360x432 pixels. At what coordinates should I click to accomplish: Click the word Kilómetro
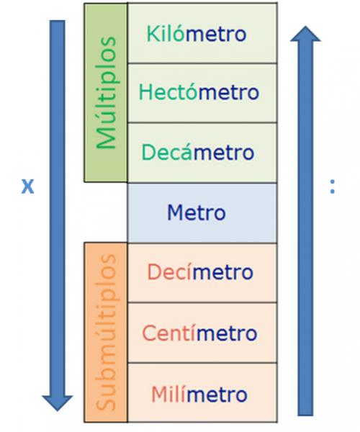[197, 34]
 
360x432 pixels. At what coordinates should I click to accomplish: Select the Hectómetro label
[199, 91]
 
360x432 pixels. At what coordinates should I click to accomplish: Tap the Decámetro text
[197, 152]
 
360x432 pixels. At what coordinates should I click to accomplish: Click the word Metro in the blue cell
[197, 212]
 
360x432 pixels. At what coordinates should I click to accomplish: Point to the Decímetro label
[200, 272]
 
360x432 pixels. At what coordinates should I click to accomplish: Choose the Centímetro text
[199, 333]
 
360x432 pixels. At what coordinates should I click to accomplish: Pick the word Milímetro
[199, 394]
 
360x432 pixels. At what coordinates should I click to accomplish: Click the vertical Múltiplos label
[106, 93]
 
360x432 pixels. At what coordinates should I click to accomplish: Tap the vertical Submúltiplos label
[106, 333]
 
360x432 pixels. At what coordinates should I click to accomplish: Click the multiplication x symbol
[28, 186]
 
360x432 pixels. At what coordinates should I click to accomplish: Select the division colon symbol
[333, 186]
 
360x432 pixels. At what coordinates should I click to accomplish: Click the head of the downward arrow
[58, 402]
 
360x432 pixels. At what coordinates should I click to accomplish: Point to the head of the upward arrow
[305, 34]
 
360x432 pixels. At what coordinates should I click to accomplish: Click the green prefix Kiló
[166, 34]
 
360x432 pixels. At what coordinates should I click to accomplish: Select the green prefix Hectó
[168, 91]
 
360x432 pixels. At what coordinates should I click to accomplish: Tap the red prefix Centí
[170, 333]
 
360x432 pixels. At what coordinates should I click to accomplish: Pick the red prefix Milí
[169, 394]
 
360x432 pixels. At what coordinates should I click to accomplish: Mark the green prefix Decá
[167, 152]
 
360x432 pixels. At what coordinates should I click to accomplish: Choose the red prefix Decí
[170, 272]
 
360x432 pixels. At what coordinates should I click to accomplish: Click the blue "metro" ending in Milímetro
[217, 395]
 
